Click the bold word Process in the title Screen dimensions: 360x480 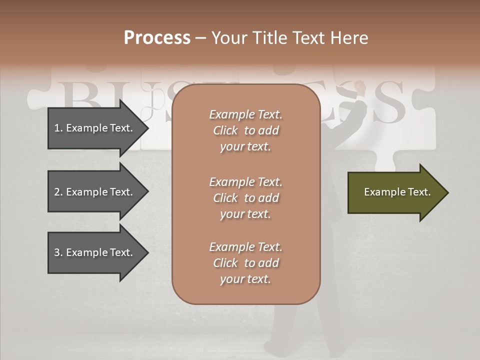[x=157, y=38]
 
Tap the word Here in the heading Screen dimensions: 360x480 [x=349, y=38]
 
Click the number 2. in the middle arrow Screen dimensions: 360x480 [x=58, y=192]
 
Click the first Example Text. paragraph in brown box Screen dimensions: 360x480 [x=245, y=130]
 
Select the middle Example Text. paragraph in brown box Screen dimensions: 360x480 [x=245, y=198]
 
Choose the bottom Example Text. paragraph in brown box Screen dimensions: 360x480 [x=245, y=263]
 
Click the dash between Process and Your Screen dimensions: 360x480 [x=200, y=38]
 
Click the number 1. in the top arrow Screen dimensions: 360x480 [x=58, y=128]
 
